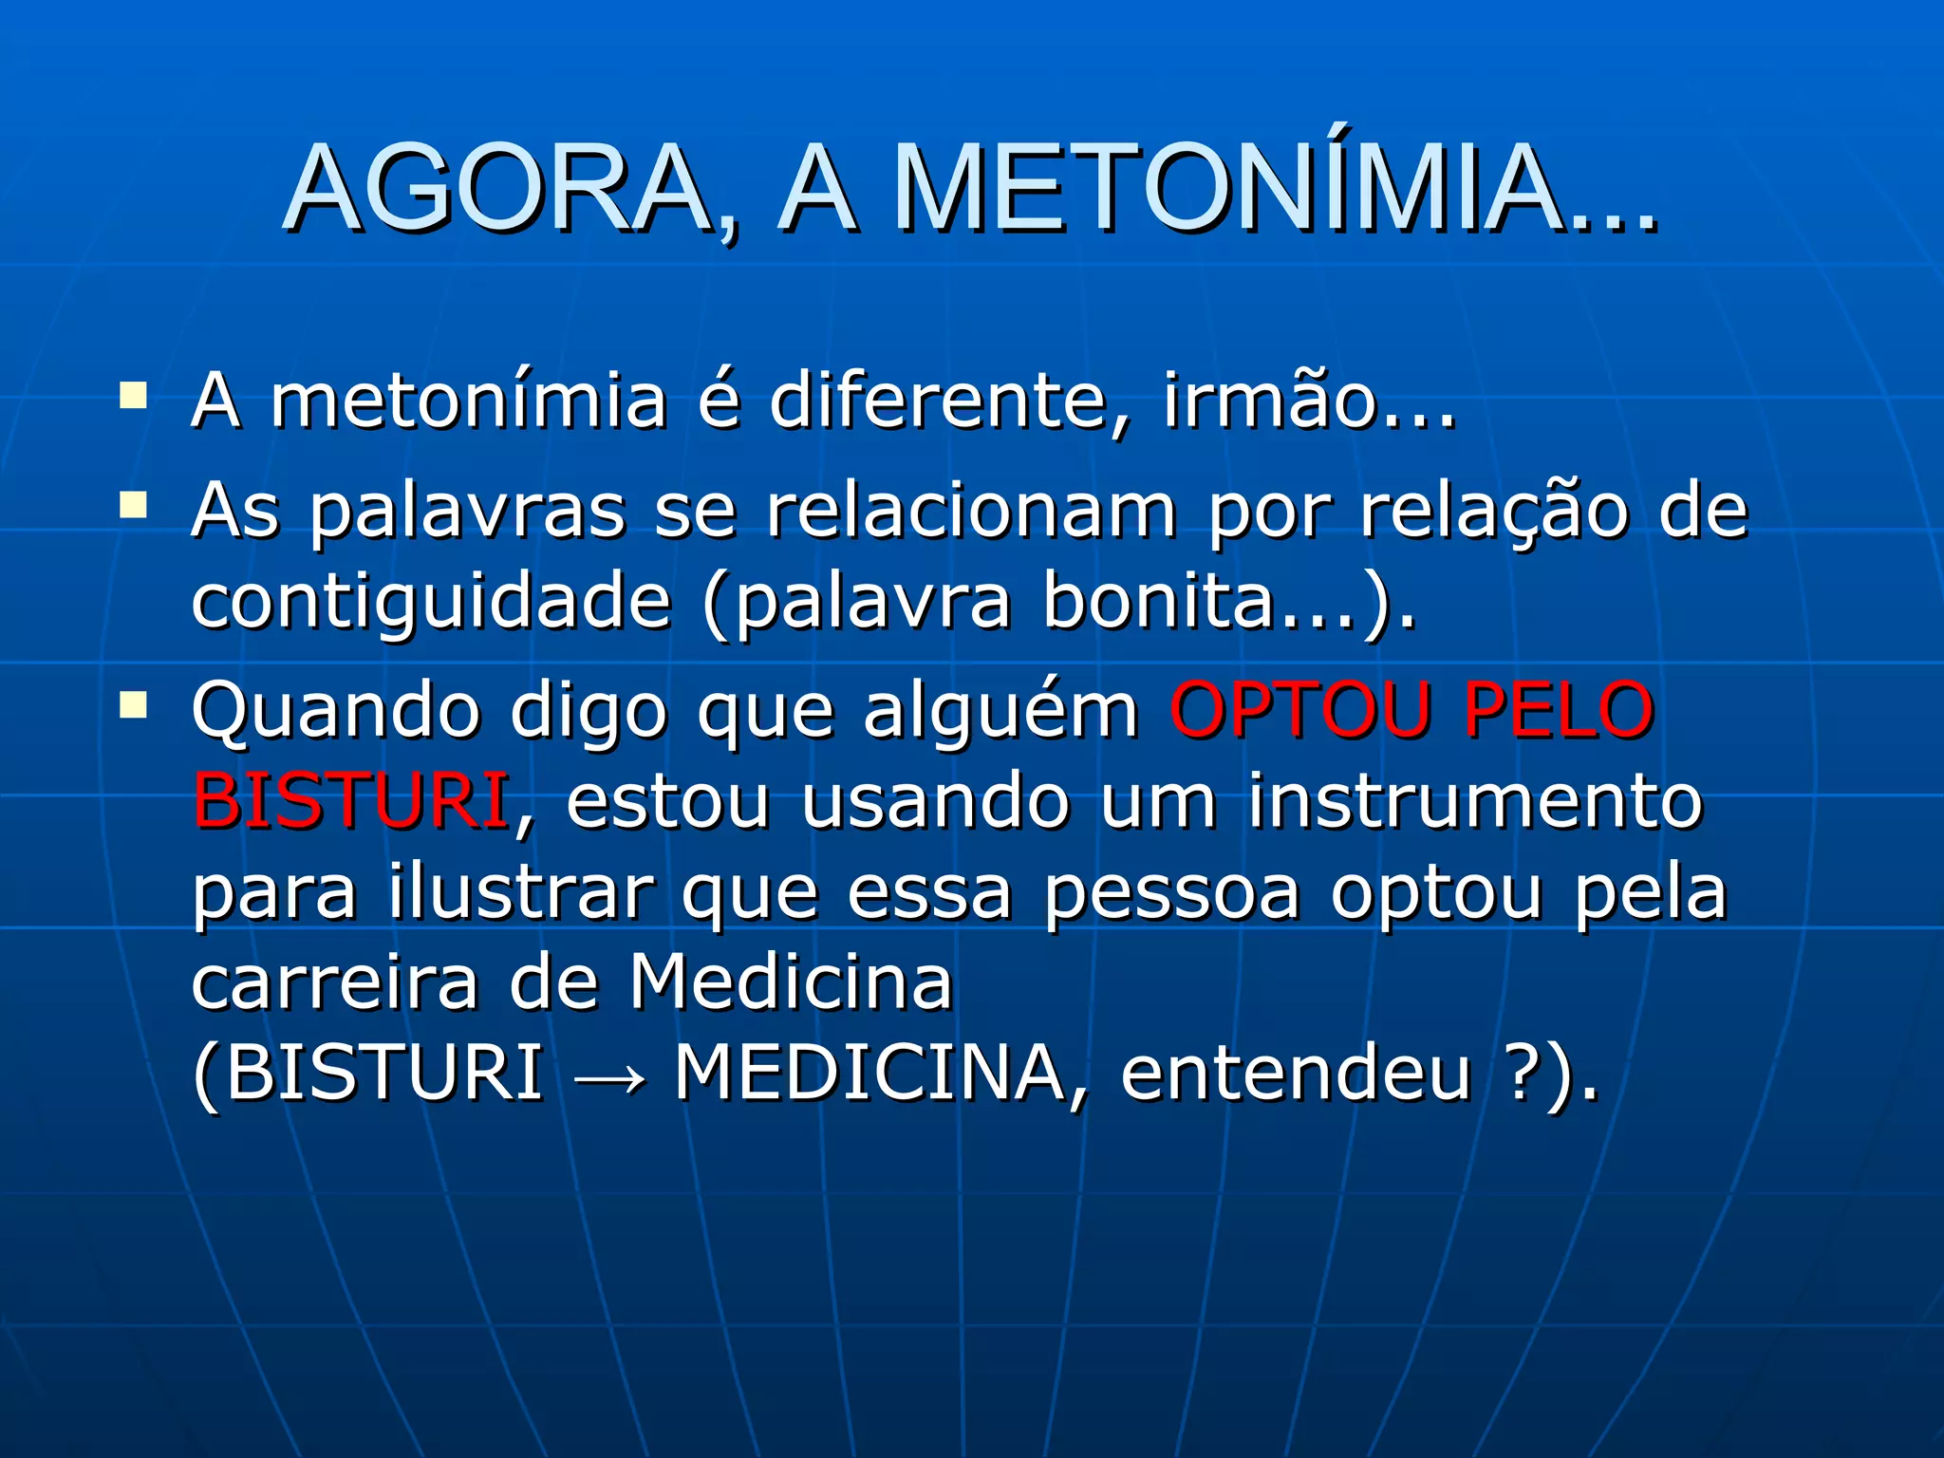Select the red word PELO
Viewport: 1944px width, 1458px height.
point(1559,710)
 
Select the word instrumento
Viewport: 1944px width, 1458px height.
point(1475,801)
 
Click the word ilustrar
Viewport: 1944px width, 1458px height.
point(521,892)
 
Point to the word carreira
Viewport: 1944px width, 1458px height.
point(335,983)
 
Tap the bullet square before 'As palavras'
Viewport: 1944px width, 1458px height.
point(133,504)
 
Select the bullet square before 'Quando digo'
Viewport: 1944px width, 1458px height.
point(133,704)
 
